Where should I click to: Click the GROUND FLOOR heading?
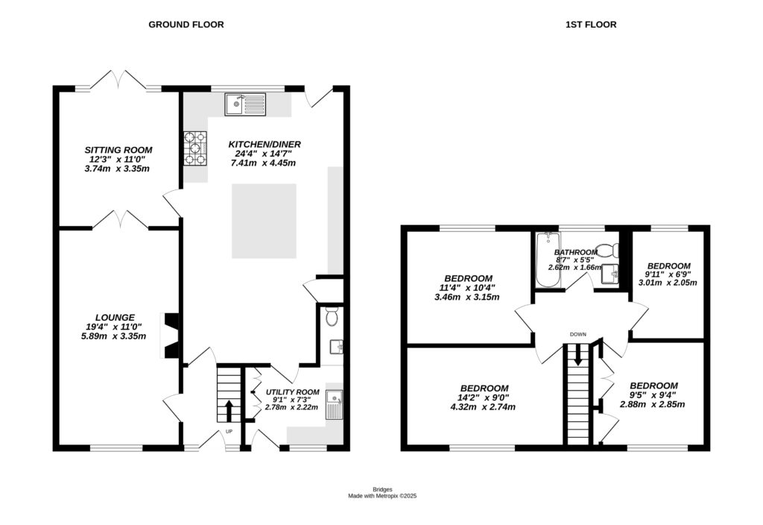pyautogui.click(x=186, y=25)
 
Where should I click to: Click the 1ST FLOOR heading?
pyautogui.click(x=590, y=25)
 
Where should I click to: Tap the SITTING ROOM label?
pyautogui.click(x=116, y=149)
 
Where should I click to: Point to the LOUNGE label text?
pyautogui.click(x=115, y=317)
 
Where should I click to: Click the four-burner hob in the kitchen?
pyautogui.click(x=196, y=148)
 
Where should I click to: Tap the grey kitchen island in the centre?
pyautogui.click(x=265, y=221)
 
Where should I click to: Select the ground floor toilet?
pyautogui.click(x=332, y=317)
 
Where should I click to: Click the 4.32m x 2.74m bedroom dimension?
pyautogui.click(x=484, y=407)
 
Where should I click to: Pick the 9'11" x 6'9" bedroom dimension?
pyautogui.click(x=668, y=274)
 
